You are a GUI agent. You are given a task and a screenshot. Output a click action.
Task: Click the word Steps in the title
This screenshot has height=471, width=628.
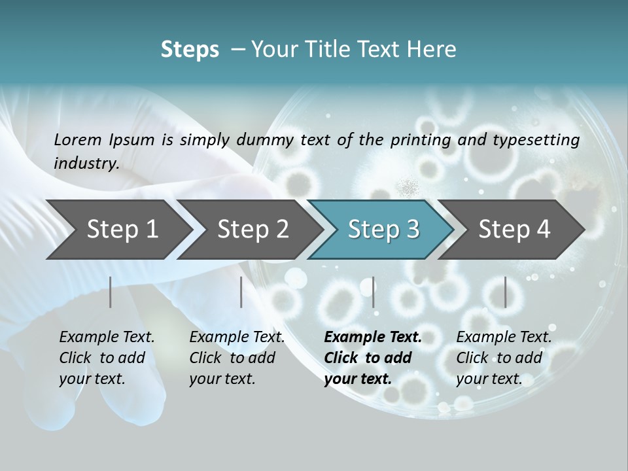pyautogui.click(x=190, y=50)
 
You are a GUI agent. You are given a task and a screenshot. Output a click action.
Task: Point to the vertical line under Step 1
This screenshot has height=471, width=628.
pyautogui.click(x=111, y=292)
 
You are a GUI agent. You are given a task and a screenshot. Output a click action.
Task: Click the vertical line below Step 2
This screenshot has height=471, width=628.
pyautogui.click(x=241, y=292)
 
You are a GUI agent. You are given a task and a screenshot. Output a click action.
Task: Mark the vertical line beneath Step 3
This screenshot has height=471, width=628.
pyautogui.click(x=373, y=292)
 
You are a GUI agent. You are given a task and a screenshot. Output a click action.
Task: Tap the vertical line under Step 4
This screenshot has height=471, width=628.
pyautogui.click(x=505, y=292)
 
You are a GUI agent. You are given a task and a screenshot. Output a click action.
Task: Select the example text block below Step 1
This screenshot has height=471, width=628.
pyautogui.click(x=107, y=358)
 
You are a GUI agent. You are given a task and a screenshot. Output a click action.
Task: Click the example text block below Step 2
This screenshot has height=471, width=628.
pyautogui.click(x=237, y=358)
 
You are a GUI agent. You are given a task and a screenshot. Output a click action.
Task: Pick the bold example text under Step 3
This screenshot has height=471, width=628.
pyautogui.click(x=373, y=358)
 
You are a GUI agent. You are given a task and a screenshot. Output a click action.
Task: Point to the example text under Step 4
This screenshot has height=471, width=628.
pyautogui.click(x=504, y=358)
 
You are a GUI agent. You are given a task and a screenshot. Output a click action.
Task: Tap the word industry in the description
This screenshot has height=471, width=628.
pyautogui.click(x=86, y=164)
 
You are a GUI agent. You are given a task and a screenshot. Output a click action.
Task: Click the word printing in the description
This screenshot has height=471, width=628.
pyautogui.click(x=421, y=140)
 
